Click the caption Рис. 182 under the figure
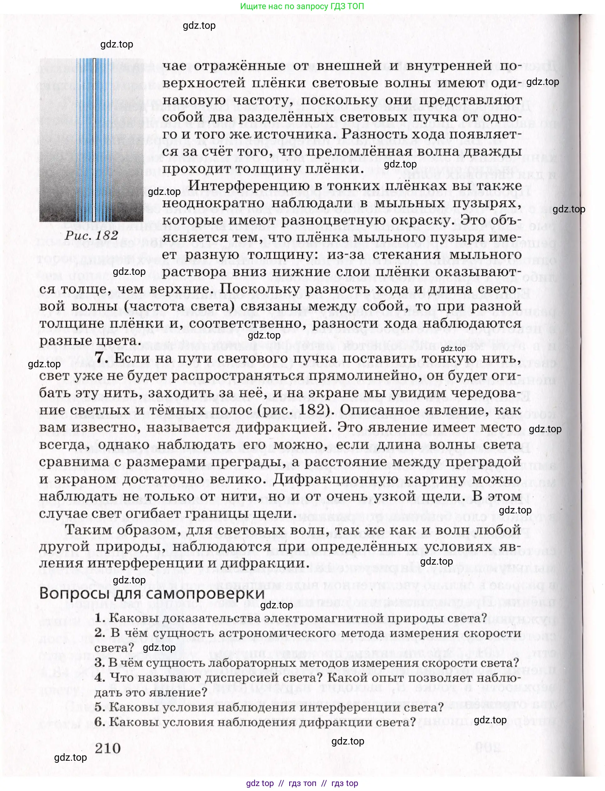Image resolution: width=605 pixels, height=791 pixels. click(x=92, y=235)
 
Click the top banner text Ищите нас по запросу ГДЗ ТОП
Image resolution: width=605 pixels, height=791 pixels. click(x=302, y=6)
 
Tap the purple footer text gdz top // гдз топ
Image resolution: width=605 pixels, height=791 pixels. click(x=302, y=784)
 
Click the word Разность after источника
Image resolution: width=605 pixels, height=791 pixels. click(x=373, y=134)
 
